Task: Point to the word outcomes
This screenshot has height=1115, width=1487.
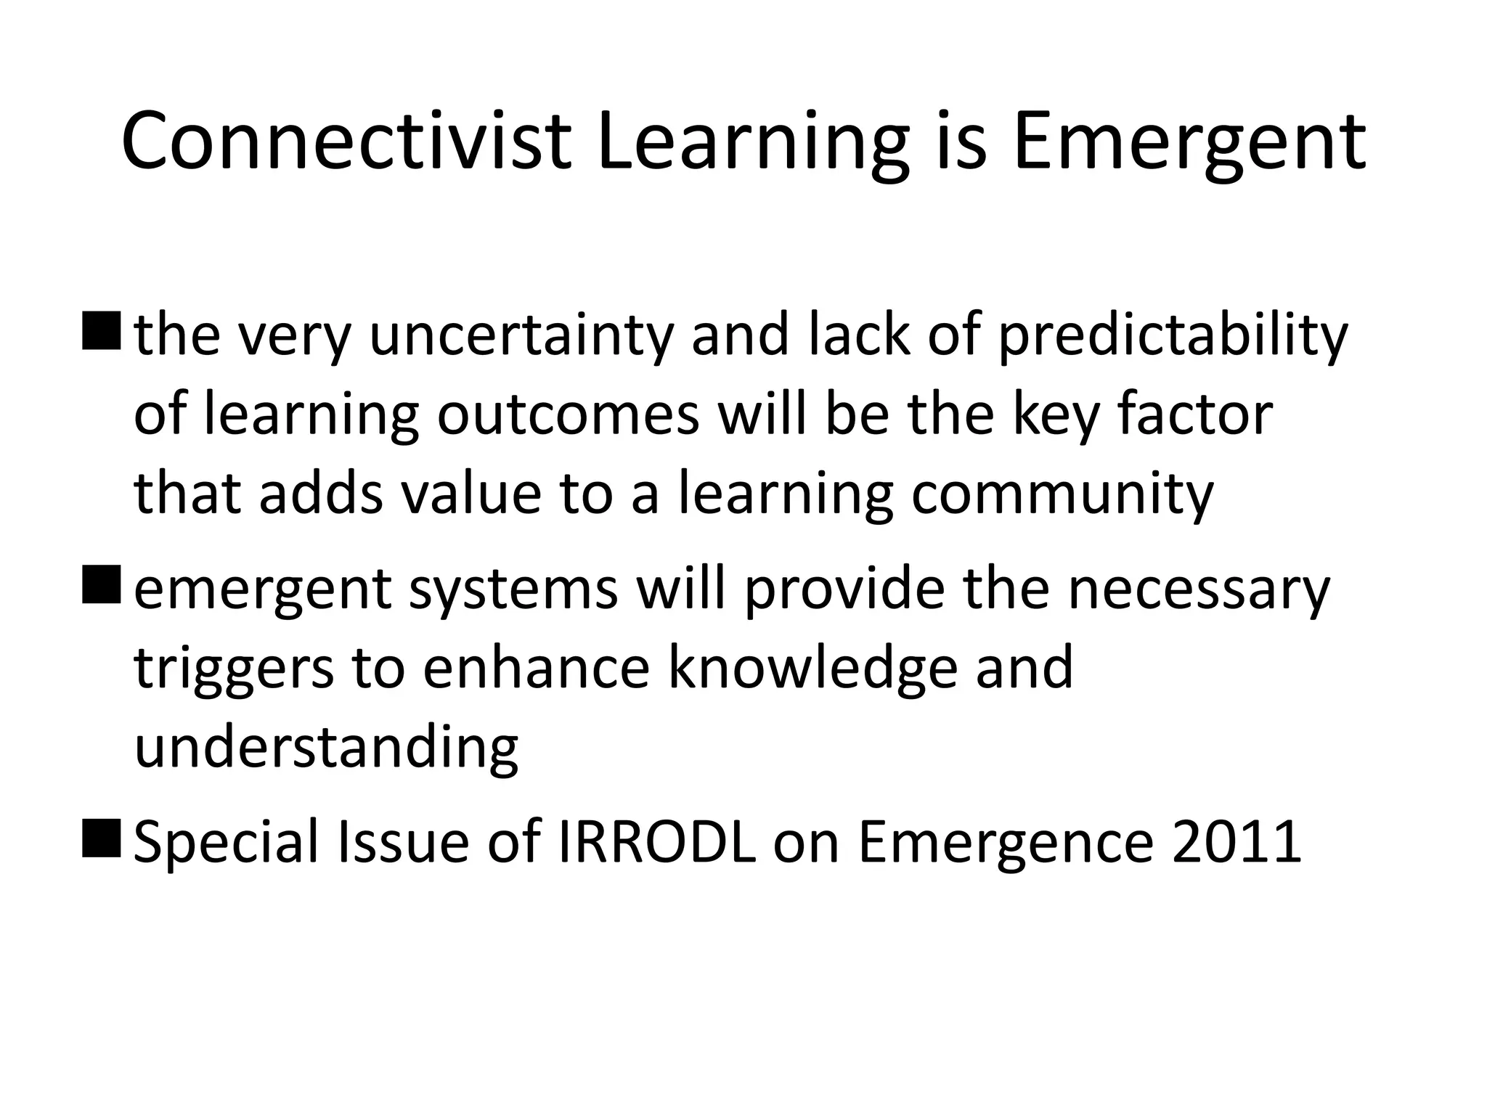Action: (x=568, y=414)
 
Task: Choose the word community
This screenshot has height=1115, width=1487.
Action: (x=1062, y=494)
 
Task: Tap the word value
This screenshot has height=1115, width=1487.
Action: (x=471, y=494)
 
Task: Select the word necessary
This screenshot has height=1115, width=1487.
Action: (x=1199, y=589)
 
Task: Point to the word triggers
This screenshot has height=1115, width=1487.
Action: (x=234, y=668)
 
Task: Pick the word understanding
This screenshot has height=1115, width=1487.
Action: (x=327, y=747)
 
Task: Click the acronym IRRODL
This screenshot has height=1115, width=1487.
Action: (x=656, y=842)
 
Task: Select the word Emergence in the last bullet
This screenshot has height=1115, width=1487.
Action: (x=1006, y=842)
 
